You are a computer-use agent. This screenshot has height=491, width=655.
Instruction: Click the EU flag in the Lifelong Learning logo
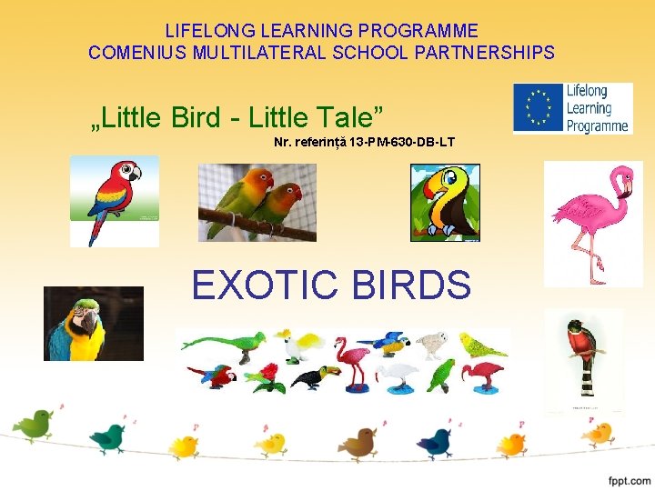tap(539, 107)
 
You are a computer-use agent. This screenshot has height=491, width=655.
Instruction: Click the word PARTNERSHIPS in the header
tap(498, 53)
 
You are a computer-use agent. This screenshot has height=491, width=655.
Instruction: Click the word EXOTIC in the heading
tap(264, 286)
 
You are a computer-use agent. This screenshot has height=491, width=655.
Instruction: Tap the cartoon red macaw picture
tap(116, 200)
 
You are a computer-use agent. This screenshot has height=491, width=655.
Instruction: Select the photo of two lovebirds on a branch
tap(257, 202)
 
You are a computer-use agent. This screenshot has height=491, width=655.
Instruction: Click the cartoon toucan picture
tap(445, 203)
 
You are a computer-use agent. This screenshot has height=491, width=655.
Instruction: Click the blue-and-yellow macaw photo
tap(93, 324)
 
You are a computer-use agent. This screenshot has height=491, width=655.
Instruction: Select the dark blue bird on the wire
tap(435, 441)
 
